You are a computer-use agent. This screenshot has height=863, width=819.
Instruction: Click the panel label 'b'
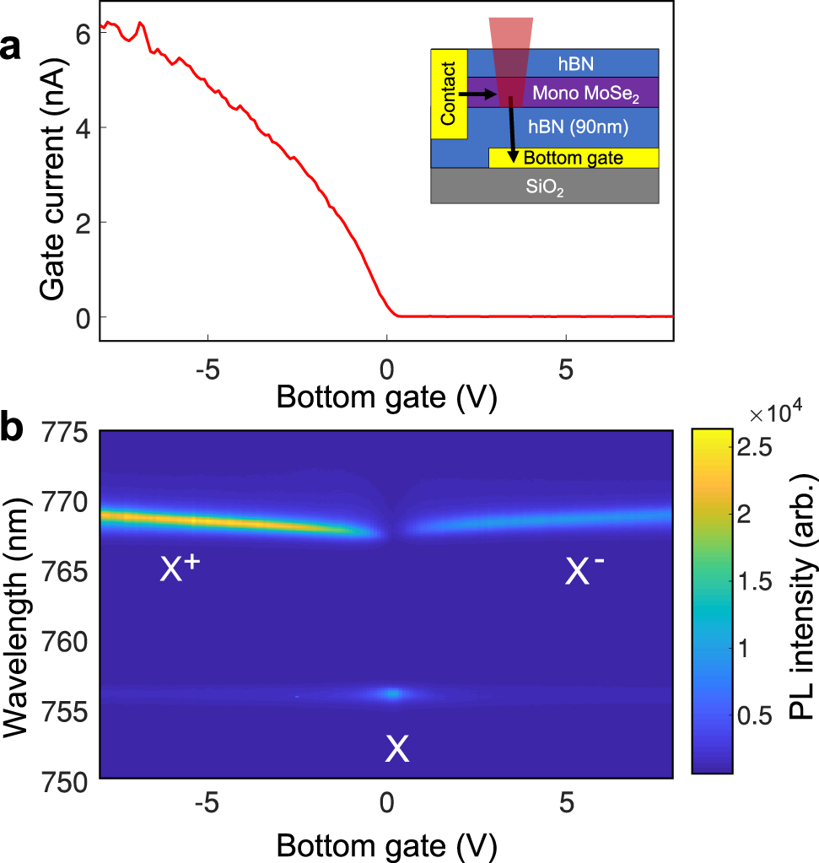pos(13,428)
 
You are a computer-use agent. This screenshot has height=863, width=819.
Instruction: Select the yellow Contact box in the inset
pos(448,94)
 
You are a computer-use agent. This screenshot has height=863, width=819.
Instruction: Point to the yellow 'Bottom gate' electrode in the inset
pos(574,158)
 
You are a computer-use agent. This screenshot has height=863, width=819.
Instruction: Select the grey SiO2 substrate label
pos(545,190)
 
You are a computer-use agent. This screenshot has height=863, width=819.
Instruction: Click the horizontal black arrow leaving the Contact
pos(481,95)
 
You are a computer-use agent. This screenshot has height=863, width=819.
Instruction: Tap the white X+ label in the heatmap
pos(179,572)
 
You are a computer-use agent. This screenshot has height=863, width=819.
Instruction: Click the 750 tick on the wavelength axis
pos(67,781)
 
